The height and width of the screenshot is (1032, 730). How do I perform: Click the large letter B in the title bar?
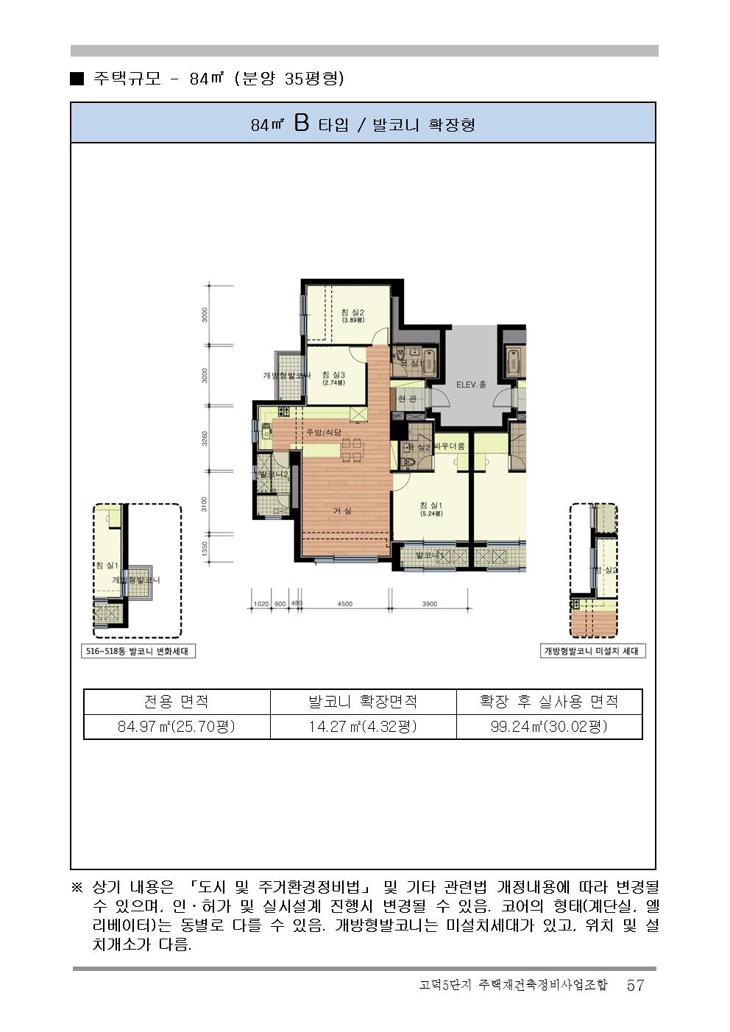301,124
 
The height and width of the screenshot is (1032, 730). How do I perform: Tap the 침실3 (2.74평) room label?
333,378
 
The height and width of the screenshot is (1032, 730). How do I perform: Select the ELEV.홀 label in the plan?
471,385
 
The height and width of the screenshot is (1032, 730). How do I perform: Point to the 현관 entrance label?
407,399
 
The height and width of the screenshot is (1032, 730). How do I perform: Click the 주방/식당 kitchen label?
324,432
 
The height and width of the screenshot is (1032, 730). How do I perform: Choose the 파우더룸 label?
449,446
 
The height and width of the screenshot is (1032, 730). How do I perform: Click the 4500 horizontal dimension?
344,604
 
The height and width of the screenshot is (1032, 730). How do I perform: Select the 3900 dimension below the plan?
429,604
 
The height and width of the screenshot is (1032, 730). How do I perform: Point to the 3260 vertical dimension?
205,438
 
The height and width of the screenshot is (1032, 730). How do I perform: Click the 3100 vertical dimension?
205,504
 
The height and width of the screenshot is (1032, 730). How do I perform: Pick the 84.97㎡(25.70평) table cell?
177,727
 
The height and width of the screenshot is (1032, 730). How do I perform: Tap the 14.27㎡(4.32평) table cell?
363,727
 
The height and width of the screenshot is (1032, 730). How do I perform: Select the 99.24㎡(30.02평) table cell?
549,727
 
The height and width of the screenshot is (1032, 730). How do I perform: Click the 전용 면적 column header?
177,702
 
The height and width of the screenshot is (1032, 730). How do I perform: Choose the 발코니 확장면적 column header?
363,702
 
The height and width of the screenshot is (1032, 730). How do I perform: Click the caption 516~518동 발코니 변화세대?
138,651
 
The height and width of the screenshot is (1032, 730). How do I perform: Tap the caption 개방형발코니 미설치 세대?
593,651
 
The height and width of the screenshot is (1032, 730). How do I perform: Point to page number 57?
635,986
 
